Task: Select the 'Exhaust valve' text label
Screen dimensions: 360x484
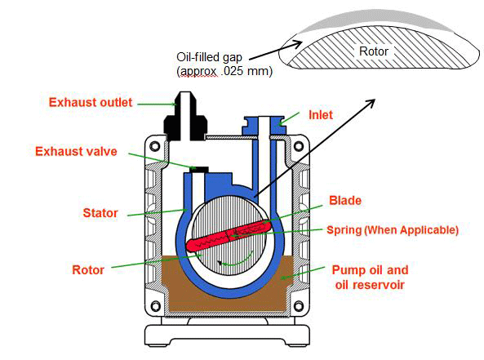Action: [x=76, y=152]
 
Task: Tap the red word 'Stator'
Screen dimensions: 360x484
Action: [x=99, y=213]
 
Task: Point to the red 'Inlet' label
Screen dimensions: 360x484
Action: [x=321, y=115]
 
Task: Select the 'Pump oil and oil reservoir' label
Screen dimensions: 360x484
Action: [x=369, y=277]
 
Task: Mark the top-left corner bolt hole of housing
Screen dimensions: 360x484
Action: [x=160, y=148]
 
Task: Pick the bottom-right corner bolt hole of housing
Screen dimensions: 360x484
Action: [x=301, y=309]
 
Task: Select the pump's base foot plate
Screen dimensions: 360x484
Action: [x=230, y=334]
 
